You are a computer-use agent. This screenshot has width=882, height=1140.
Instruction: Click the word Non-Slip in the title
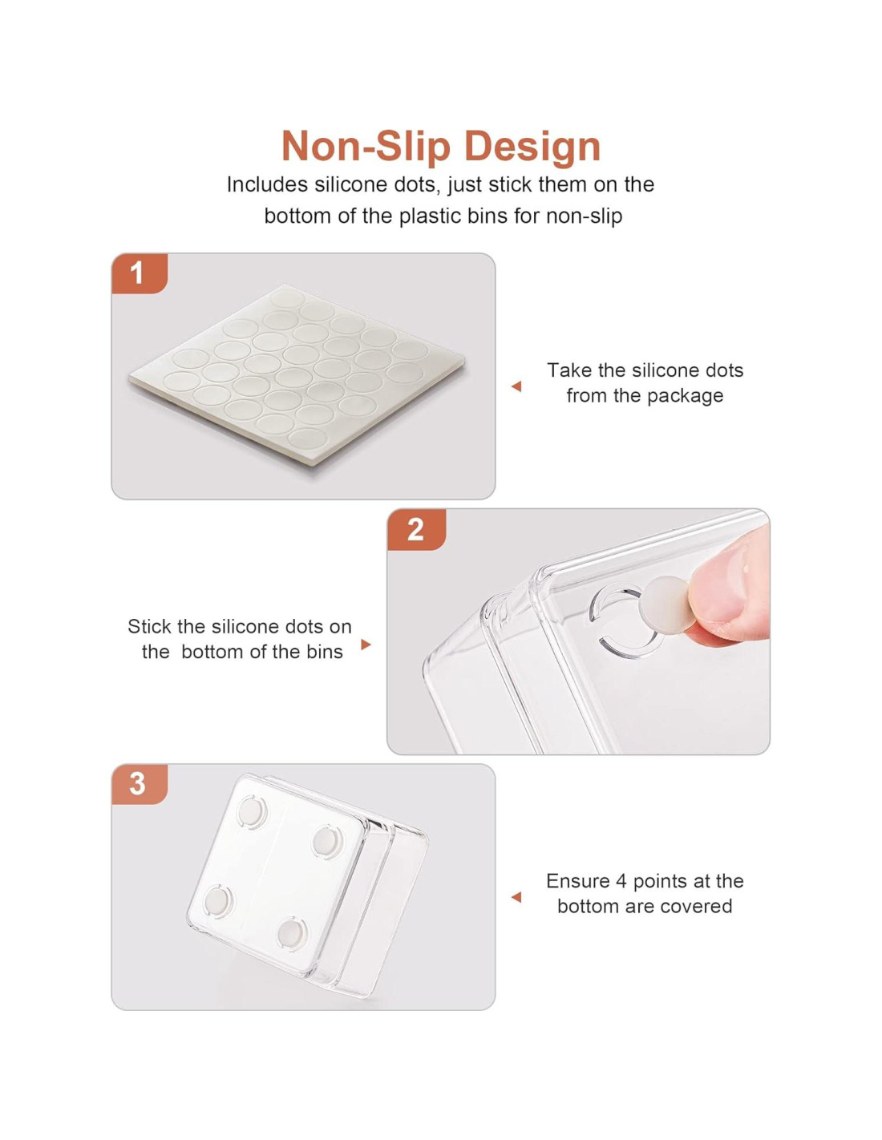(x=366, y=146)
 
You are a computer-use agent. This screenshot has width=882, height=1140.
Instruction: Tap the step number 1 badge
(x=139, y=273)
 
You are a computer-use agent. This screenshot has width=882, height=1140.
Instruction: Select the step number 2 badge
(x=416, y=530)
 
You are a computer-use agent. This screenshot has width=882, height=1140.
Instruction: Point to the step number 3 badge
(x=139, y=784)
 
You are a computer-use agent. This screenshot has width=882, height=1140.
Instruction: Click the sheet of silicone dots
(x=297, y=374)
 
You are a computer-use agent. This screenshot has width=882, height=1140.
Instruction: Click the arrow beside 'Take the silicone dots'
(x=516, y=386)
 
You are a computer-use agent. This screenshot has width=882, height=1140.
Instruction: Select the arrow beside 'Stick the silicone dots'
(x=366, y=645)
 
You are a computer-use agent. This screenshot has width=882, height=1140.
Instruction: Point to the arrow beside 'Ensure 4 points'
(x=516, y=898)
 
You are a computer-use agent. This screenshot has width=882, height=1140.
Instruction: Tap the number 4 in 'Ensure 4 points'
(x=621, y=881)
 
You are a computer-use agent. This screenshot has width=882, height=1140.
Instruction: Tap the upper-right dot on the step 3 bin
(x=327, y=842)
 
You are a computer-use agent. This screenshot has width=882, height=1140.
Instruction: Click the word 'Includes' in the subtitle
(x=267, y=184)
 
